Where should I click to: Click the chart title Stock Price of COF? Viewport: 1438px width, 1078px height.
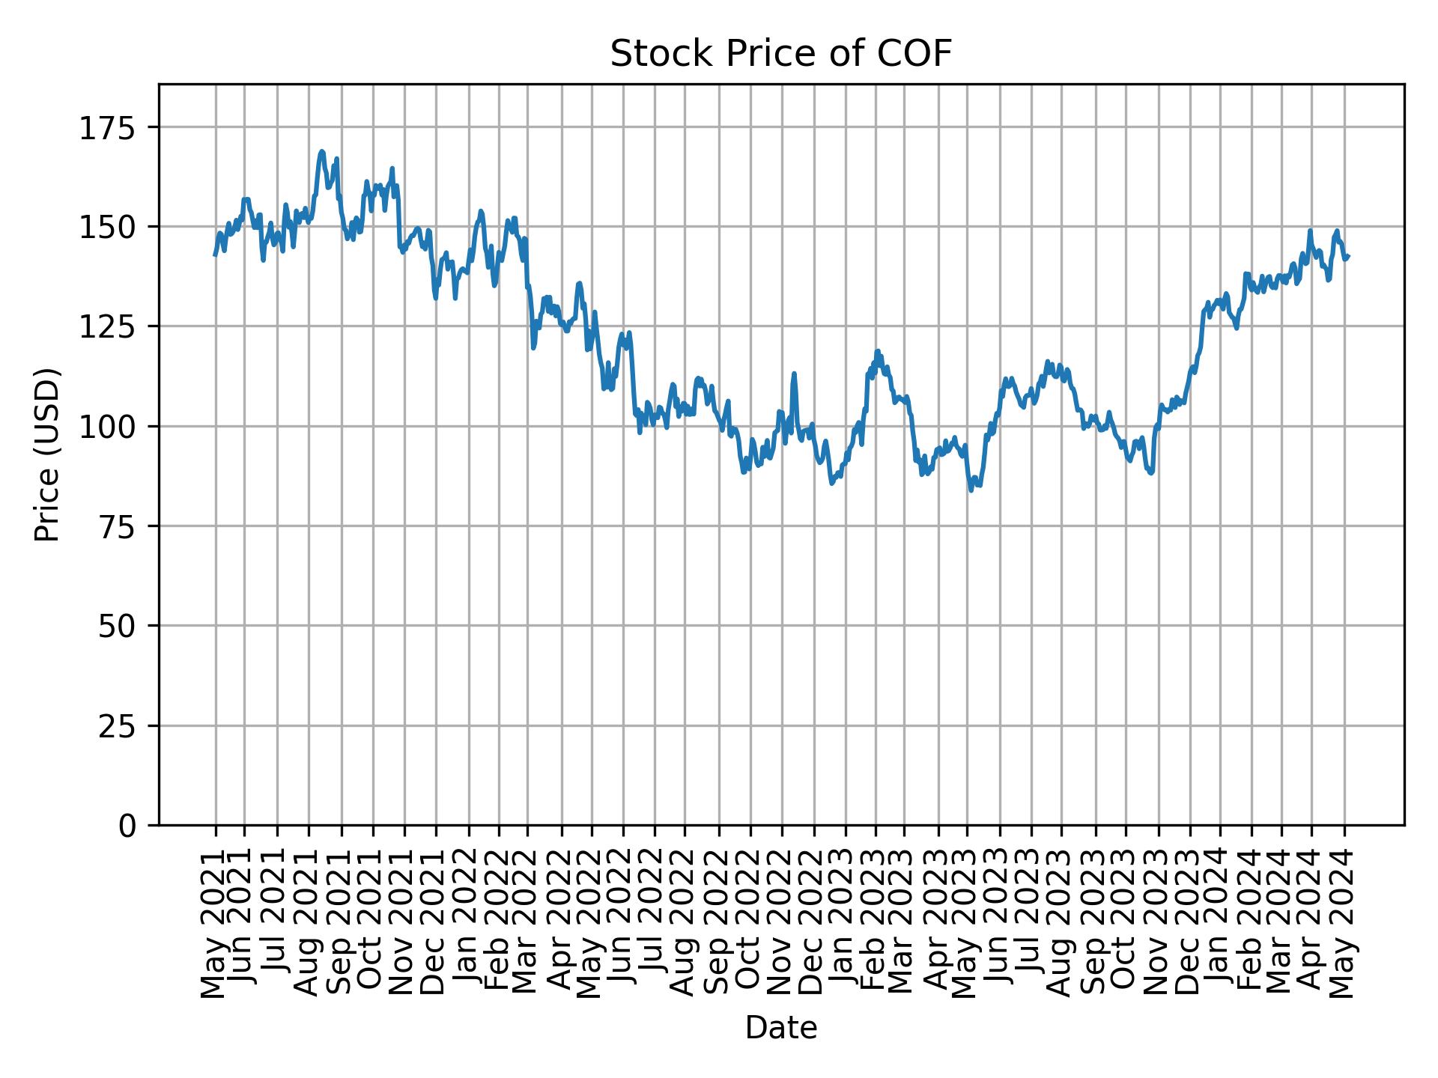click(x=780, y=54)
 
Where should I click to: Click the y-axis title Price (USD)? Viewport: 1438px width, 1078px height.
click(x=46, y=454)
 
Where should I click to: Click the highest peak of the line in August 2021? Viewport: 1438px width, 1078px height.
click(x=321, y=151)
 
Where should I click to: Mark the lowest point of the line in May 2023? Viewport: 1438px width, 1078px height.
click(x=971, y=490)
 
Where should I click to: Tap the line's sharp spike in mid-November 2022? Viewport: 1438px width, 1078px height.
click(x=794, y=374)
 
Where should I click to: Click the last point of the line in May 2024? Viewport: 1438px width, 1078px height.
click(x=1348, y=257)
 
